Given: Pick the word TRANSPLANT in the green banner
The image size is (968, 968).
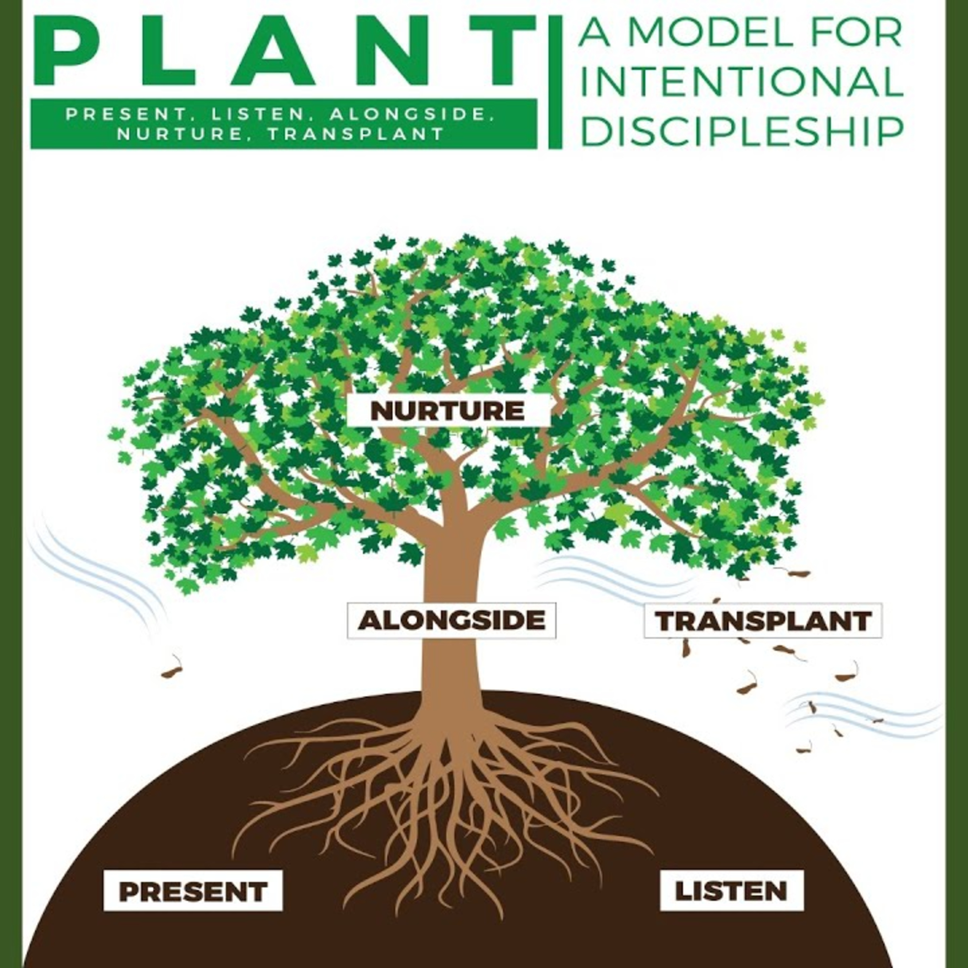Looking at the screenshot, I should coord(356,134).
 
